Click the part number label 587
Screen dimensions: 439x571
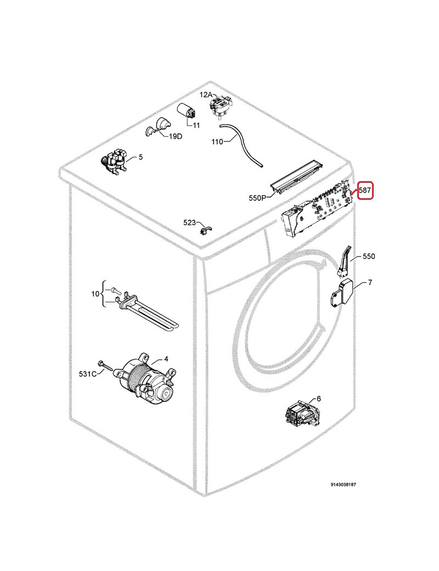click(x=365, y=190)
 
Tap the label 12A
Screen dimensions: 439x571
click(x=206, y=94)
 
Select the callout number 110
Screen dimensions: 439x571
click(x=217, y=141)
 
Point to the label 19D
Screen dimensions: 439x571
click(x=176, y=136)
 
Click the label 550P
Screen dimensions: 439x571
click(x=257, y=198)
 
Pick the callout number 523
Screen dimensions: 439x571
click(x=190, y=222)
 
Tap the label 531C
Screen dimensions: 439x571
click(x=88, y=374)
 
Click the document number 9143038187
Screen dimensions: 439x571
click(x=344, y=485)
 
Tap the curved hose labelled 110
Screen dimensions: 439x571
click(x=240, y=144)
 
